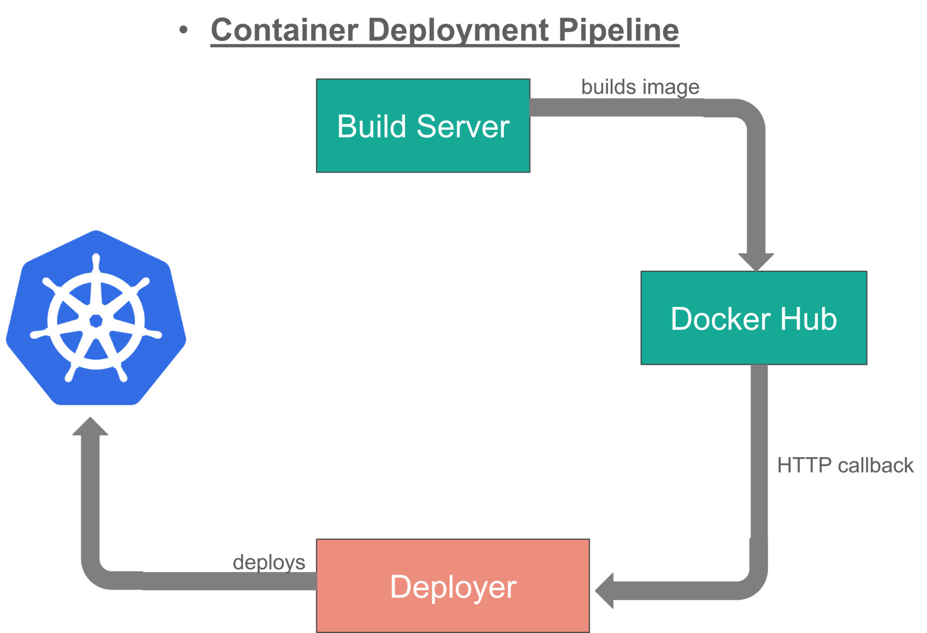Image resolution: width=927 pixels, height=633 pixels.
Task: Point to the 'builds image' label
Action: click(640, 87)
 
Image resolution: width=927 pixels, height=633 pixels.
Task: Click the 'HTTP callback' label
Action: click(845, 465)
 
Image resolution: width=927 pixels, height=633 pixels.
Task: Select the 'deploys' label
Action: click(269, 562)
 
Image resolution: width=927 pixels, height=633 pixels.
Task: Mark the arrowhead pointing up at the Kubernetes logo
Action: click(90, 427)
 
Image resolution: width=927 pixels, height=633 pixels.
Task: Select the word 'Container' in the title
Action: click(285, 30)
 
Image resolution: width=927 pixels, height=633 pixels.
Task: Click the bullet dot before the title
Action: click(183, 30)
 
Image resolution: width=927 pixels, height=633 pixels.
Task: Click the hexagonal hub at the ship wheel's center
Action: click(96, 321)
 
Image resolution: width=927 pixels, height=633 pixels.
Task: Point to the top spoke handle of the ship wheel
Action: click(96, 262)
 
